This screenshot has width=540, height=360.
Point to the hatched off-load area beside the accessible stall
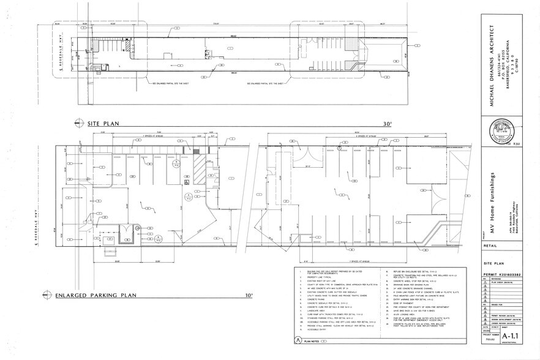click(x=200, y=168)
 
